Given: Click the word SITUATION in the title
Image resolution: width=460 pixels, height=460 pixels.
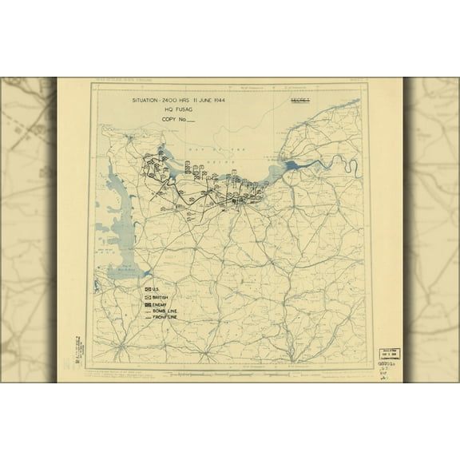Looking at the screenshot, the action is click(x=152, y=101).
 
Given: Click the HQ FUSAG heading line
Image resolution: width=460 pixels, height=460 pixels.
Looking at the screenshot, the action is click(x=179, y=110).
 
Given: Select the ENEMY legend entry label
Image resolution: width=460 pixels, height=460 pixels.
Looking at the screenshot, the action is click(x=165, y=304).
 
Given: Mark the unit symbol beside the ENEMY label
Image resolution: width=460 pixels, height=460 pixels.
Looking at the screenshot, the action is click(x=149, y=304).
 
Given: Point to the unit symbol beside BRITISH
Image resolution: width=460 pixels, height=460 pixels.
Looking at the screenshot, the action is click(x=149, y=296).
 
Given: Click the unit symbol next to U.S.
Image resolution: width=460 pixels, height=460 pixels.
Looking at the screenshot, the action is click(x=149, y=288).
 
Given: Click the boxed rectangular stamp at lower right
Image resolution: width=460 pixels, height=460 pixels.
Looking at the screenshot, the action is click(x=389, y=354).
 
